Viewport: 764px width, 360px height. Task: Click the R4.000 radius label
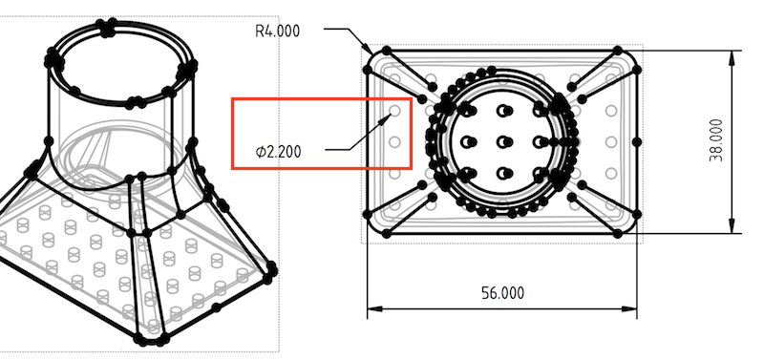[x=277, y=32]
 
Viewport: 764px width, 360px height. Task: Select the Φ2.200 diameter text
[x=278, y=152]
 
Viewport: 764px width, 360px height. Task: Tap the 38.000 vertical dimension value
[x=716, y=140]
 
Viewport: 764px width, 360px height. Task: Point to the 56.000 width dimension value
[x=503, y=293]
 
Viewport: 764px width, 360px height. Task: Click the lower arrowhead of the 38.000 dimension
[x=732, y=225]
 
